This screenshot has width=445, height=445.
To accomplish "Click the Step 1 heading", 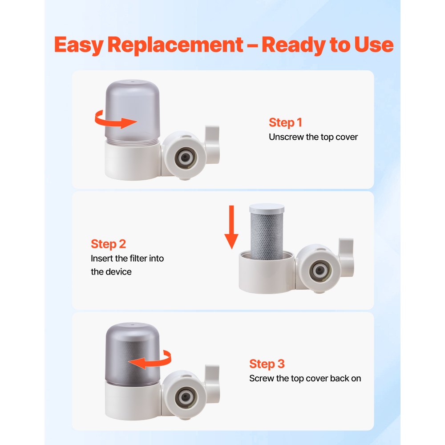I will point(285,123).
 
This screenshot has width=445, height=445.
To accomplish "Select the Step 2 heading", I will point(108,244).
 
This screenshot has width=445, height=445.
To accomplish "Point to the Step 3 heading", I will point(267,364).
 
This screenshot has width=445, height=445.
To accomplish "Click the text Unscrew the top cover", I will point(313,137).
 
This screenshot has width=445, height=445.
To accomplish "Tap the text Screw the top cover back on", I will point(305,379).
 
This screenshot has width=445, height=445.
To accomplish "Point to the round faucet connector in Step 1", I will point(184,156).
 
